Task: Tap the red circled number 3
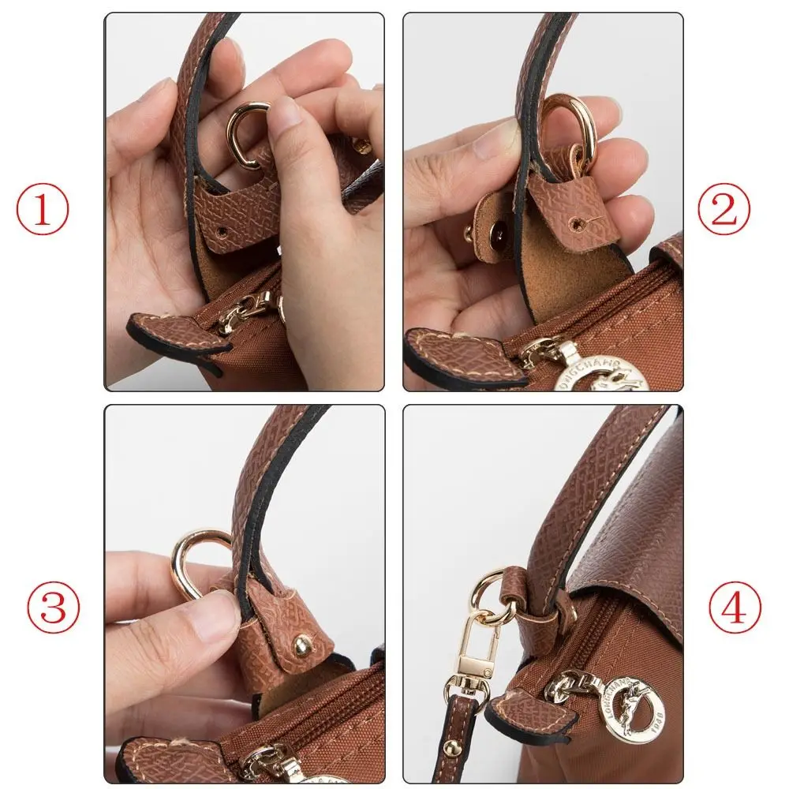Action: pyautogui.click(x=54, y=607)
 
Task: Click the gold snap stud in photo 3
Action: pyautogui.click(x=301, y=646)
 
